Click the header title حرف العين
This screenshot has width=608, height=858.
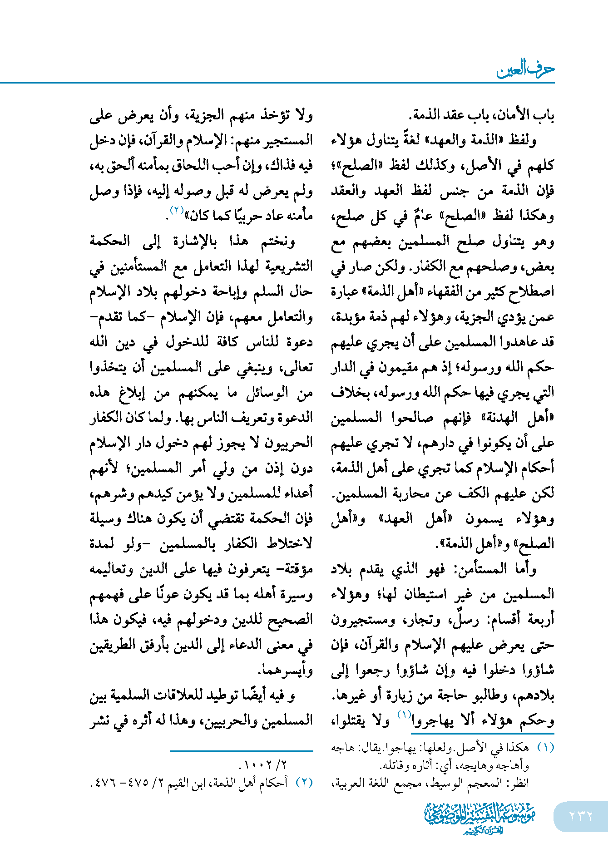[525, 69]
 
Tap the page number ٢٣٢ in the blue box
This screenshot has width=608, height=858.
[581, 816]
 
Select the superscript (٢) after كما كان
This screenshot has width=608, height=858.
[176, 210]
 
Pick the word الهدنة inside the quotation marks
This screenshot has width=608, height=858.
[499, 418]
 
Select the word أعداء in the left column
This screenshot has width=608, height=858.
[297, 493]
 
